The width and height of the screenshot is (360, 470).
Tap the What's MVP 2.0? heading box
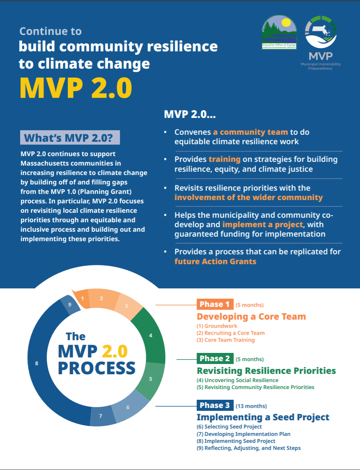pyautogui.click(x=70, y=138)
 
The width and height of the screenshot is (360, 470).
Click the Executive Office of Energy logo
pyautogui.click(x=279, y=33)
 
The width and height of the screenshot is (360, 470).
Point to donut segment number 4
pyautogui.click(x=151, y=336)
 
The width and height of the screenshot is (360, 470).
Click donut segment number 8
pyautogui.click(x=37, y=363)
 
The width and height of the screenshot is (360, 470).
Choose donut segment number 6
pyautogui.click(x=128, y=408)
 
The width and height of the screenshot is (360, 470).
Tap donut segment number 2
pyautogui.click(x=101, y=299)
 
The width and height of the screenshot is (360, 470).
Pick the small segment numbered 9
pyautogui.click(x=70, y=305)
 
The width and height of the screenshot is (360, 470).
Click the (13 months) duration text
pyautogui.click(x=251, y=406)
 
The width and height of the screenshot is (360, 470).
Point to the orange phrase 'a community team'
pyautogui.click(x=250, y=132)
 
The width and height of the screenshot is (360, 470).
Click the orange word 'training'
pyautogui.click(x=224, y=159)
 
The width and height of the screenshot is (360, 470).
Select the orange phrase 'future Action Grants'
pyautogui.click(x=215, y=261)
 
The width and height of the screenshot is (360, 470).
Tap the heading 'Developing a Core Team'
pyautogui.click(x=251, y=316)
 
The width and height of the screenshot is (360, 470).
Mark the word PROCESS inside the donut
pyautogui.click(x=96, y=368)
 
